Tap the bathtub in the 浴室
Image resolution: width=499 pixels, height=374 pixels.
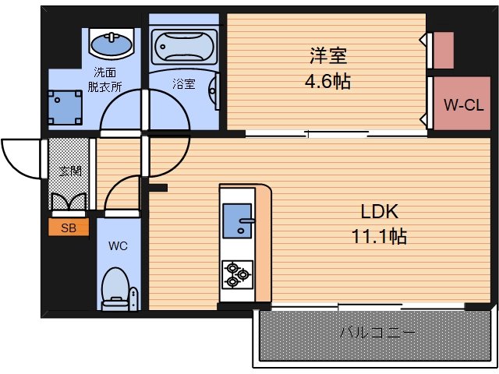pyautogui.click(x=183, y=46)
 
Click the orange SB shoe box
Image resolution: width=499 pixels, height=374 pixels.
pyautogui.click(x=68, y=227)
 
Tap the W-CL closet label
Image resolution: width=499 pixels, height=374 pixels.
pyautogui.click(x=463, y=105)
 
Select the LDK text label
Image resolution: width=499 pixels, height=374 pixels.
pyautogui.click(x=380, y=211)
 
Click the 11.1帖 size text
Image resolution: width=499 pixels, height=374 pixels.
pyautogui.click(x=380, y=236)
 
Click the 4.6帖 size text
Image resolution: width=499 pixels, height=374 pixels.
pyautogui.click(x=327, y=81)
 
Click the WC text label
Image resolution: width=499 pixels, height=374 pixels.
pyautogui.click(x=117, y=246)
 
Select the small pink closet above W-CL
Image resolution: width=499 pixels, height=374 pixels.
pyautogui.click(x=443, y=51)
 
